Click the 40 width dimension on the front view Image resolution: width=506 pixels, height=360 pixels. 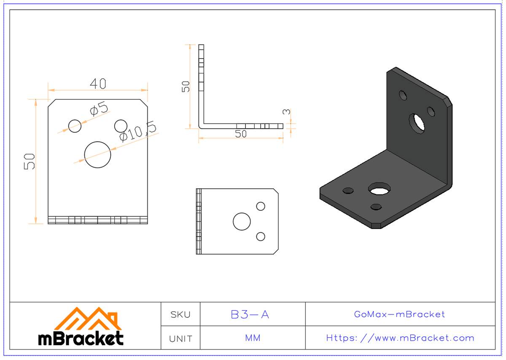[x=98, y=84]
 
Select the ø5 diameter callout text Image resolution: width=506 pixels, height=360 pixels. [x=99, y=110]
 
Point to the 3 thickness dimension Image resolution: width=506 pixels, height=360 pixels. [x=286, y=112]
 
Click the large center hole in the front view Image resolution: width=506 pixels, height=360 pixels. [x=97, y=155]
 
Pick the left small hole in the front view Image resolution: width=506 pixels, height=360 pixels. [x=75, y=126]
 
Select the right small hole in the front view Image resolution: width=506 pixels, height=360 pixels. [x=121, y=126]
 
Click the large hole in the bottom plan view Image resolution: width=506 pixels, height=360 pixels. [x=242, y=221]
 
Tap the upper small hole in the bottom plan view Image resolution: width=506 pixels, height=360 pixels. [x=261, y=206]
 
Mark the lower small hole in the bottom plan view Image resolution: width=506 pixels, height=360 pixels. [x=261, y=236]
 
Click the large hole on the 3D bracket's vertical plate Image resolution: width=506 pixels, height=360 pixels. [x=418, y=123]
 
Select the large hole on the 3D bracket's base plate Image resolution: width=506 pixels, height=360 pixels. [x=379, y=189]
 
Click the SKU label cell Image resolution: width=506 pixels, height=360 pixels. [x=180, y=314]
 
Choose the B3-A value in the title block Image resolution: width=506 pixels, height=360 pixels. [x=250, y=314]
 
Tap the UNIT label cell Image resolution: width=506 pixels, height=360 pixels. [x=180, y=339]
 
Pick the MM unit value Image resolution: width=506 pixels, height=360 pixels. [x=253, y=338]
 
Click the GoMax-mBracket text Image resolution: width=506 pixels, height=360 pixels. [x=399, y=314]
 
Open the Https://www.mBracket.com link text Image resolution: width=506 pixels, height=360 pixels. [x=400, y=338]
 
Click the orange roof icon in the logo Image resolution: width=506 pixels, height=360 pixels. [x=89, y=319]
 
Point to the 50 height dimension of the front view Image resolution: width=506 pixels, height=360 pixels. [x=30, y=161]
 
